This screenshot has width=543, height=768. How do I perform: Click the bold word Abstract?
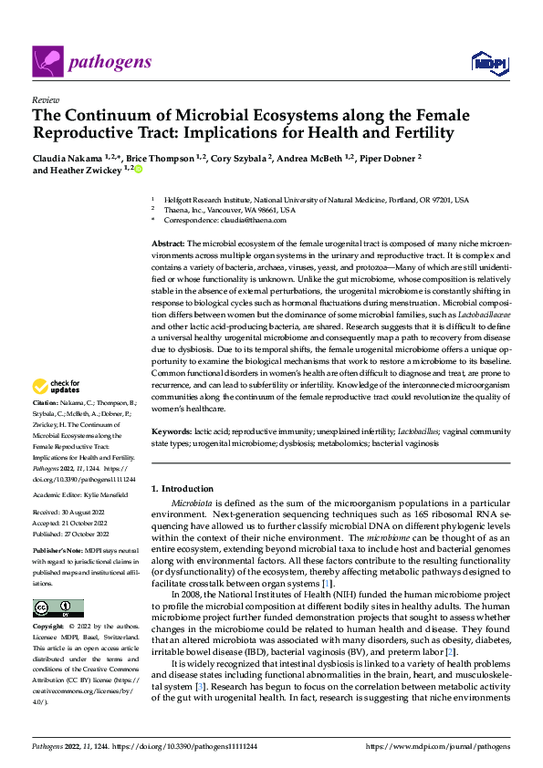point(168,244)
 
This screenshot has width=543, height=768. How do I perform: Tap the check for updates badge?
point(58,412)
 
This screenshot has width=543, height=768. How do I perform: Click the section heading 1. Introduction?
point(183,489)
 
